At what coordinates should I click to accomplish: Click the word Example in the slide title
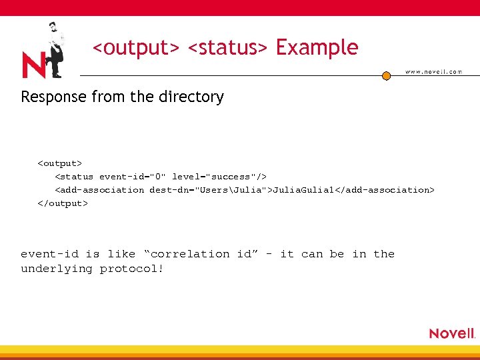click(317, 48)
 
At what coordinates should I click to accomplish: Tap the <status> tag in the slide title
click(227, 48)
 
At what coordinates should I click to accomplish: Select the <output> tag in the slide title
click(136, 48)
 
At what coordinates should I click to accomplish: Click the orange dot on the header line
click(386, 76)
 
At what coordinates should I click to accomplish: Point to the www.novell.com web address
click(433, 71)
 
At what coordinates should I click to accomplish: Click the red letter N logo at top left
click(33, 65)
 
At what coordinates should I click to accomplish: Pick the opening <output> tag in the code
click(59, 163)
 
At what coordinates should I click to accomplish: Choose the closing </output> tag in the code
click(62, 203)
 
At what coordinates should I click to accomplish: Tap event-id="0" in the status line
click(133, 177)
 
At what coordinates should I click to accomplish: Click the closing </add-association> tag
click(388, 190)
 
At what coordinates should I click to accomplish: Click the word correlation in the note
click(187, 254)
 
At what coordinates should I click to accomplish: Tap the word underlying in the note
click(57, 269)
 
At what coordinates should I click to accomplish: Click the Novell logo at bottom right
click(452, 333)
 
